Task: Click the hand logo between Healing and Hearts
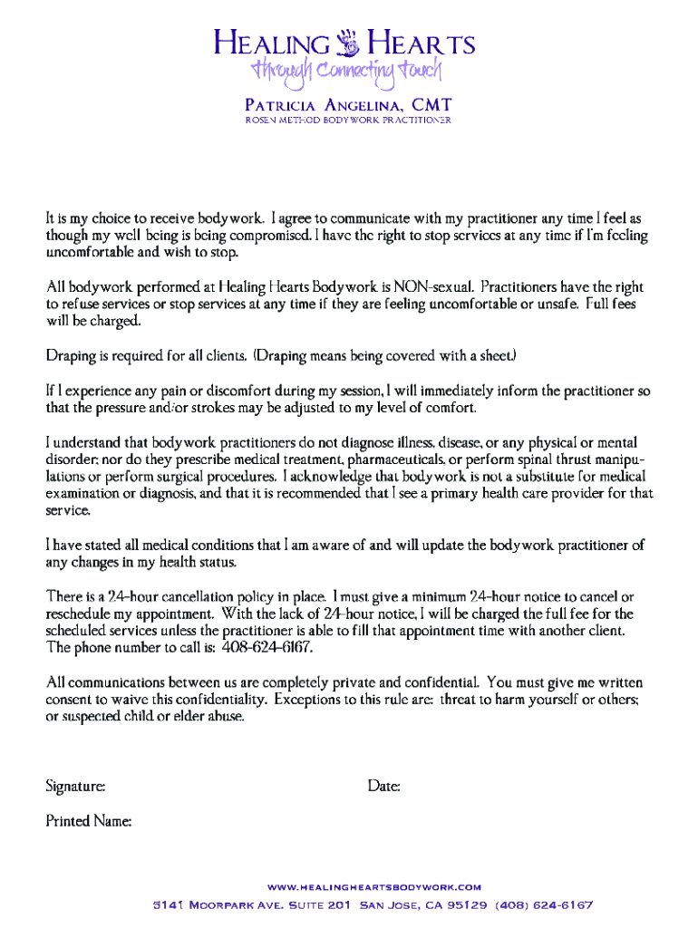(x=348, y=43)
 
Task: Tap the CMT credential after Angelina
(x=431, y=104)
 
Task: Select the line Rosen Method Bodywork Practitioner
(x=348, y=121)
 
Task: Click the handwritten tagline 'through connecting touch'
(x=348, y=71)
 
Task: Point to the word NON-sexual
(x=436, y=286)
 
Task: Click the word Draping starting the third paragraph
(x=73, y=356)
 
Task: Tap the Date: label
(x=384, y=787)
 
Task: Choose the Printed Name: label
(x=89, y=822)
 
